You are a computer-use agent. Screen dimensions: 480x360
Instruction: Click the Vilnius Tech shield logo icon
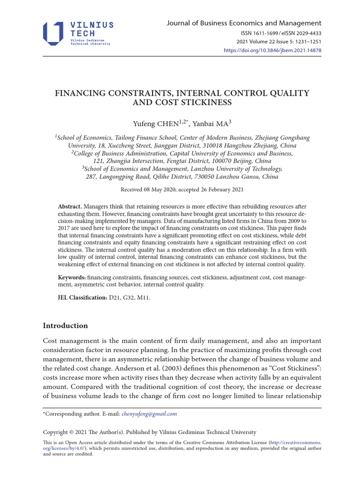click(x=53, y=33)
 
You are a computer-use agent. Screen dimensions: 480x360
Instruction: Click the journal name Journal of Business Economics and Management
click(x=244, y=23)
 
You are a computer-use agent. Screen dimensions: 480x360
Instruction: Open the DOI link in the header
click(x=272, y=50)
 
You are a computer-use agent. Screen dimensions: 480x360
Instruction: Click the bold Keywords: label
click(x=72, y=277)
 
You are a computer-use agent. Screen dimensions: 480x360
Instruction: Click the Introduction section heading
click(x=65, y=326)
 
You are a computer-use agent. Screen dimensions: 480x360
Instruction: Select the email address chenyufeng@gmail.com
click(x=149, y=414)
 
